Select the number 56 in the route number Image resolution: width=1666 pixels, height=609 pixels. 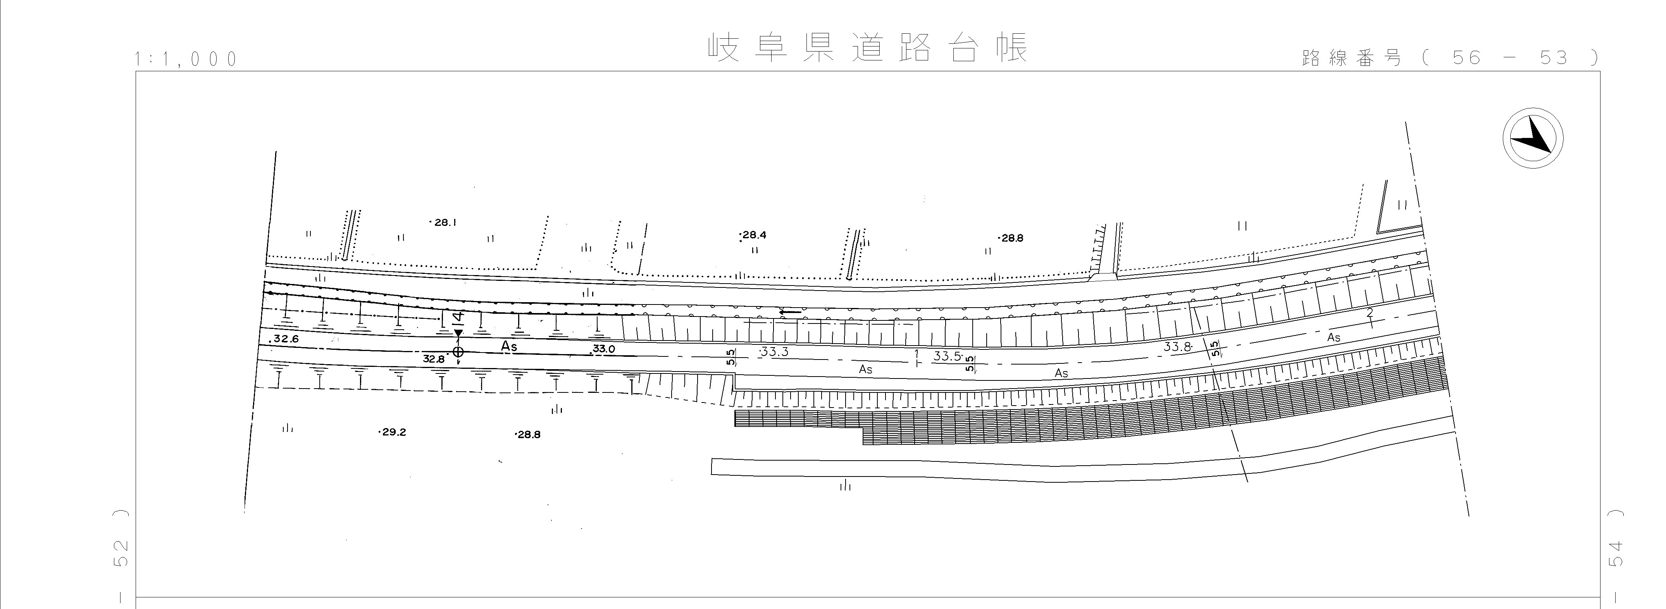tap(1466, 58)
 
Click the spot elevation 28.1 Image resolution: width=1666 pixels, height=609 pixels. tap(445, 222)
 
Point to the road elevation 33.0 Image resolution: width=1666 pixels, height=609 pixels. tap(603, 349)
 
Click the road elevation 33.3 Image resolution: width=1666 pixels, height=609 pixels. tap(774, 352)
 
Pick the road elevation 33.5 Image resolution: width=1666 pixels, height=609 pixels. tap(947, 356)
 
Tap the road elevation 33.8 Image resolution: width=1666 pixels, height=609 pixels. tap(1177, 346)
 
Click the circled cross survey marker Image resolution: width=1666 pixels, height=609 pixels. tap(458, 352)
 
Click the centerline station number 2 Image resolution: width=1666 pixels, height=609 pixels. tap(1369, 313)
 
